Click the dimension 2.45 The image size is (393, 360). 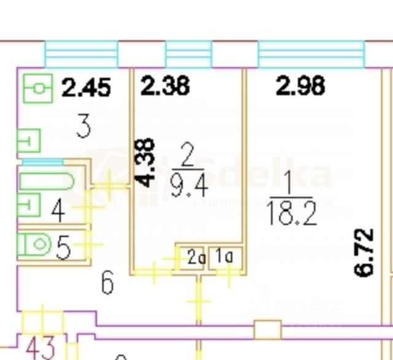click(87, 88)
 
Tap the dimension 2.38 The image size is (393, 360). click(165, 86)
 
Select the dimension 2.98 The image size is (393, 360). click(300, 86)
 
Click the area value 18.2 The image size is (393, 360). click(292, 214)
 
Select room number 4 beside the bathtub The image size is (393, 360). click(57, 211)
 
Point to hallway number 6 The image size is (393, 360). click(107, 284)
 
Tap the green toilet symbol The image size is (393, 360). click(34, 245)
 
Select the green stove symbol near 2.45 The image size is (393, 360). click(39, 90)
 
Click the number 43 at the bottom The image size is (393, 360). click(40, 347)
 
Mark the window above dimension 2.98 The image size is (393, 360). click(310, 54)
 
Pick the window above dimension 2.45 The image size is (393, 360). click(81, 54)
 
